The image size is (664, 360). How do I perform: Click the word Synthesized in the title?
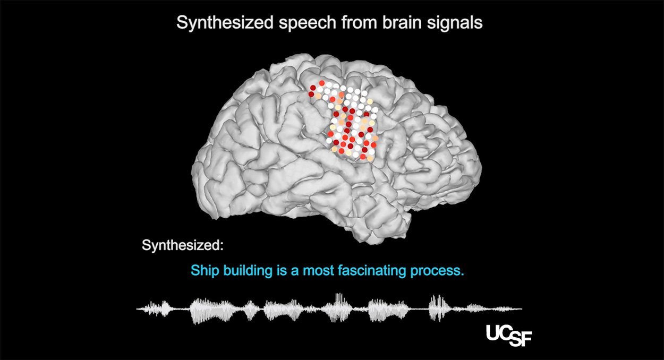225,23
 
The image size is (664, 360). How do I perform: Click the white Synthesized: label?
183,245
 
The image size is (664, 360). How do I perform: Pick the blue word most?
318,271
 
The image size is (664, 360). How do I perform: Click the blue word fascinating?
372,271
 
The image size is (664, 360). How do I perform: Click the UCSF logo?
509,336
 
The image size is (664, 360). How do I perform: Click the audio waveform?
329,308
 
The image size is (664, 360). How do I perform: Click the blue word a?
295,272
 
